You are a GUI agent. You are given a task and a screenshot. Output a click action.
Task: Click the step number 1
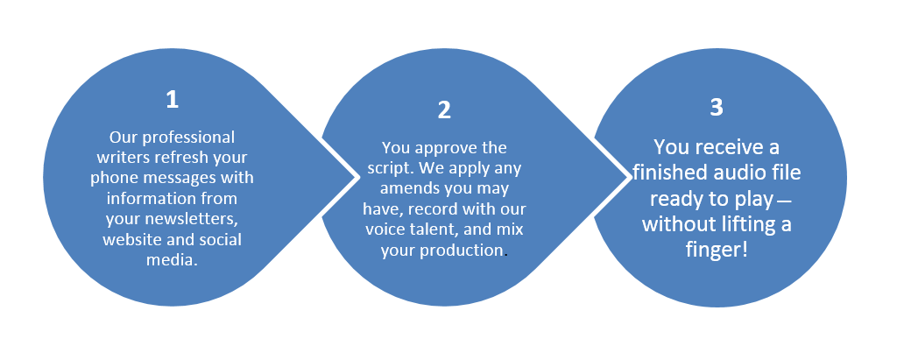tap(172, 100)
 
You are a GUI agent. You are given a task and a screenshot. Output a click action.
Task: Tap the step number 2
tap(444, 109)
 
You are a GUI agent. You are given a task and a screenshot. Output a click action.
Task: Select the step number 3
tap(717, 107)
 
